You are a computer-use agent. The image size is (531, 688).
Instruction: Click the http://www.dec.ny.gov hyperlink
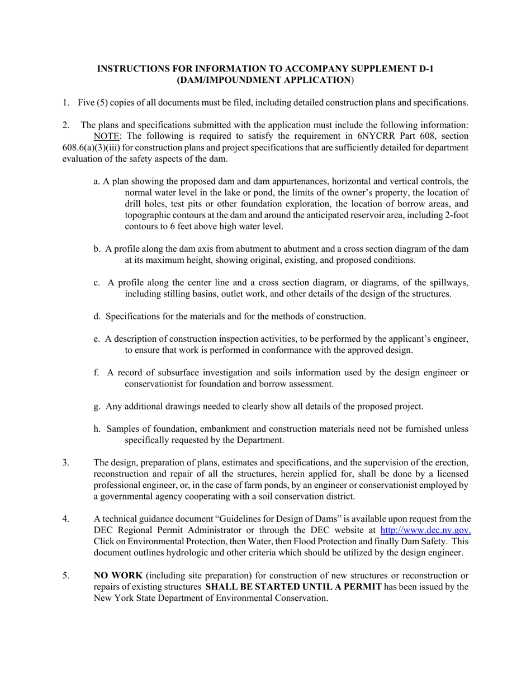(425, 530)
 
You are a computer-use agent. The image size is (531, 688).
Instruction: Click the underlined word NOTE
(106, 136)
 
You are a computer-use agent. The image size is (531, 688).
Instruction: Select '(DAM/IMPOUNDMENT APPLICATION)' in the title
(265, 80)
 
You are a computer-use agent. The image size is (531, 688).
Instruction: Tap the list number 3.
(65, 463)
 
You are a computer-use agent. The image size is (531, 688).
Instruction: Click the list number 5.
(65, 576)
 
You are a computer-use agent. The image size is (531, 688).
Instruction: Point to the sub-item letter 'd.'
(98, 317)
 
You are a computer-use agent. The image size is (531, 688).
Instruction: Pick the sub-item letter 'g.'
(98, 407)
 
